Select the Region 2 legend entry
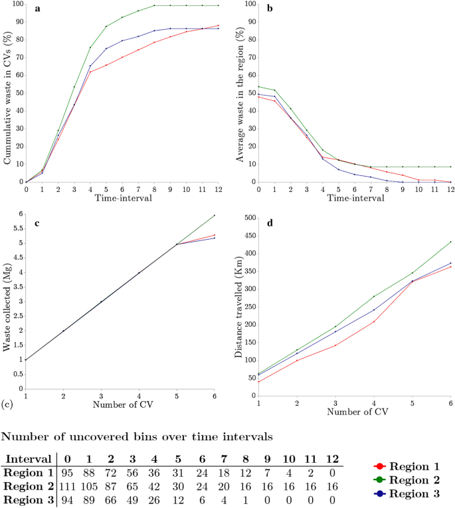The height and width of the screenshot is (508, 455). click(x=413, y=479)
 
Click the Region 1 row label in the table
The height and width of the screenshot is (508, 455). click(x=28, y=472)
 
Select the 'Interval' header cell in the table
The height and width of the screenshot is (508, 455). click(x=30, y=459)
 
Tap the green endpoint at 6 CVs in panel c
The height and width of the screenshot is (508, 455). click(x=215, y=215)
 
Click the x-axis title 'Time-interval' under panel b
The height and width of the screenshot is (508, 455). click(x=354, y=198)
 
